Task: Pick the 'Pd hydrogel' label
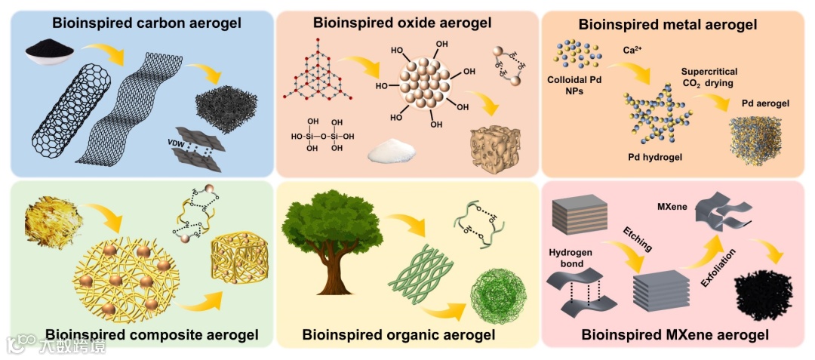(x=656, y=158)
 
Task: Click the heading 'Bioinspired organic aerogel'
(x=398, y=334)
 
